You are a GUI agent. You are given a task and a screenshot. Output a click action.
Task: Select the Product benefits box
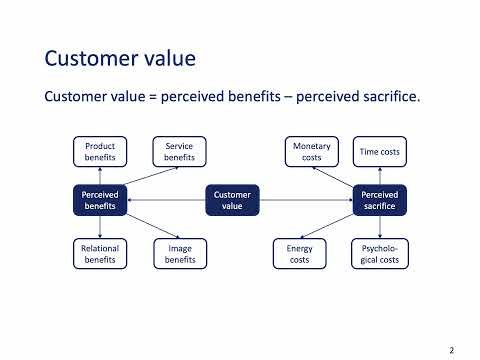[x=100, y=152]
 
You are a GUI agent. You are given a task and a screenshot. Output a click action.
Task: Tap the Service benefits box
[x=179, y=152]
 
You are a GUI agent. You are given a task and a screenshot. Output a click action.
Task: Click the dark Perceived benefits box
[x=100, y=199]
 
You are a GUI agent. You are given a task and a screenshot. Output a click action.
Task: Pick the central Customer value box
[x=232, y=199]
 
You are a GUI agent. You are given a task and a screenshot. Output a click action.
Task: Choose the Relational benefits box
[x=100, y=253]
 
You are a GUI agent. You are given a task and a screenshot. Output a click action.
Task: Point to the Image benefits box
[x=179, y=253]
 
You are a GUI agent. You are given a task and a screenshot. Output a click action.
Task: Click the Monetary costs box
[x=311, y=152]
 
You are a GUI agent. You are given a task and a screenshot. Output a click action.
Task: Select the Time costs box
[x=379, y=152]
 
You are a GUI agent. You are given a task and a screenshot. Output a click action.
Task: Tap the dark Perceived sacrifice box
[x=379, y=199]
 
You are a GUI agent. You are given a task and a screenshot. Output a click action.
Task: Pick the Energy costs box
[x=299, y=253]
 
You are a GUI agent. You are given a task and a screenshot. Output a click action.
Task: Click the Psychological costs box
[x=379, y=253]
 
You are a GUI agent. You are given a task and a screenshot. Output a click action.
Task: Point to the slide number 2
[x=452, y=350]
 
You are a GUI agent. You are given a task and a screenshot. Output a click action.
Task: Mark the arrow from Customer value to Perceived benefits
[x=168, y=200]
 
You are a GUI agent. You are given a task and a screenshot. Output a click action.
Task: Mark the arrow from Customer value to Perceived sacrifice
[x=305, y=200]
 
